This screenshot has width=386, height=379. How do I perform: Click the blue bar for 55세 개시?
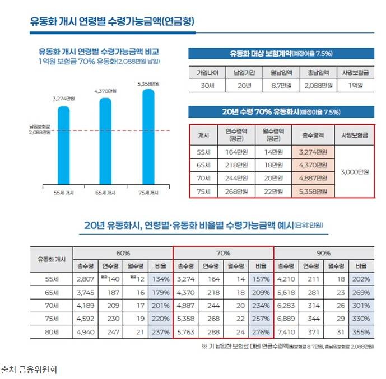[x=61, y=144]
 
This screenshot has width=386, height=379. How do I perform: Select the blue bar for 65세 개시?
[x=105, y=141]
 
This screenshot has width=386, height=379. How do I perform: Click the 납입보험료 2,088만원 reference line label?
[x=40, y=130]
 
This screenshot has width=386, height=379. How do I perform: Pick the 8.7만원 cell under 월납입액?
[x=282, y=86]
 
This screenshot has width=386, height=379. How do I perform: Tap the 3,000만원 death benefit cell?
[x=354, y=171]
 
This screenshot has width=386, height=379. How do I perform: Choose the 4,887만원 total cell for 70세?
[x=313, y=179]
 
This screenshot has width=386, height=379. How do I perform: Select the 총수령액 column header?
[x=313, y=135]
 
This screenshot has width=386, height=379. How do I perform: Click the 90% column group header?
[x=323, y=253]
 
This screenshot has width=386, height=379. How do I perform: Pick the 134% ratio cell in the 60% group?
[x=159, y=278]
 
